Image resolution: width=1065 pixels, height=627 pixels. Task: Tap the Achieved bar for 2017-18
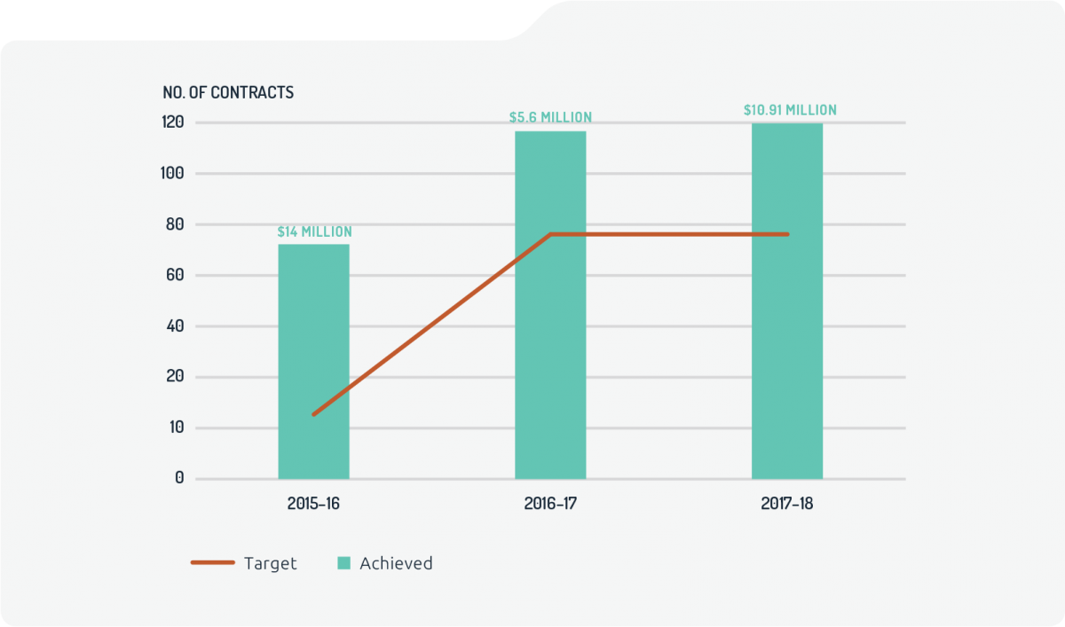pos(787,302)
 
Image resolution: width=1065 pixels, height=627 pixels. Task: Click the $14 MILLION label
pos(314,231)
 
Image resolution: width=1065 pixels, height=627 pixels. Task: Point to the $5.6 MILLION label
pos(550,117)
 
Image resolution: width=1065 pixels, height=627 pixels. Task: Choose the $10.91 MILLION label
pos(790,110)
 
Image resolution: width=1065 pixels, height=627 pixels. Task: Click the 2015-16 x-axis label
pos(313,503)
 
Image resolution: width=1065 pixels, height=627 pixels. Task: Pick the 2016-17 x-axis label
pos(550,503)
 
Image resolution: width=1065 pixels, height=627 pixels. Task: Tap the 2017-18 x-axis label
pos(787,503)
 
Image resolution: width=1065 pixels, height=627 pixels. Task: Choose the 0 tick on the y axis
pos(179,479)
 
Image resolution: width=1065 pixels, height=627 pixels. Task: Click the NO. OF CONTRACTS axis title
pos(228,92)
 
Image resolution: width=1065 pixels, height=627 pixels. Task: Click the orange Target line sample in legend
pos(213,563)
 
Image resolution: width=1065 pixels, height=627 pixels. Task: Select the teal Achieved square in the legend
pos(344,563)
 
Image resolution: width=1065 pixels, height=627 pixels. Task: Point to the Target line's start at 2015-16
pos(313,414)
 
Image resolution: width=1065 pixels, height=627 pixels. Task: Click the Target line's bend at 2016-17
pos(550,234)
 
